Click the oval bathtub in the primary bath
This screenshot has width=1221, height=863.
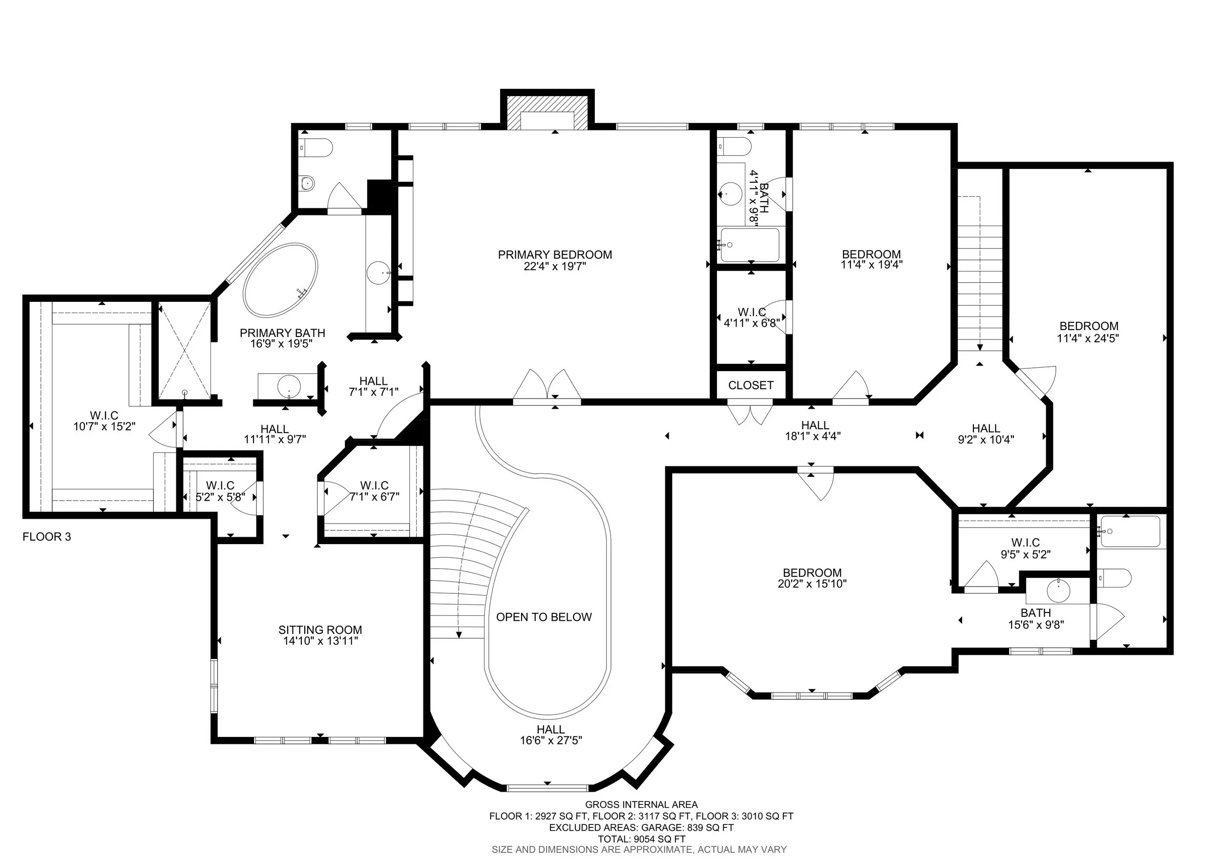[x=280, y=280]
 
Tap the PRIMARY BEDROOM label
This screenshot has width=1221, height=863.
[x=555, y=254]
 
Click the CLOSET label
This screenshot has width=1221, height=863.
[x=750, y=385]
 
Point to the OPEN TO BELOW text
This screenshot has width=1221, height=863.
[x=544, y=617]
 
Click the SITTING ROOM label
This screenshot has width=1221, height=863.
[x=320, y=630]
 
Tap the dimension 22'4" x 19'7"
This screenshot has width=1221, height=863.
[x=555, y=266]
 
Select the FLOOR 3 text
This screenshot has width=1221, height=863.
[x=47, y=537]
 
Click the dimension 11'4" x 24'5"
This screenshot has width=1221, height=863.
[x=1088, y=338]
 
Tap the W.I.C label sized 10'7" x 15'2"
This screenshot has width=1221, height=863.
[x=104, y=415]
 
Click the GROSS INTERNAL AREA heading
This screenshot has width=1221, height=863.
[x=641, y=805]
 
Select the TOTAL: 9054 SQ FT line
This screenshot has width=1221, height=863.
[x=641, y=839]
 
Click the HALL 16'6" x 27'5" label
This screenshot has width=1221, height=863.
[x=550, y=730]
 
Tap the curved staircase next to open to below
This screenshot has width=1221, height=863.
[x=468, y=564]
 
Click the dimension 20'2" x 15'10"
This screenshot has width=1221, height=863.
[x=812, y=584]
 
